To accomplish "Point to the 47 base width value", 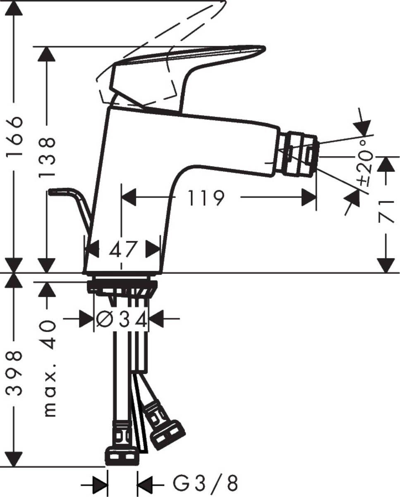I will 123,249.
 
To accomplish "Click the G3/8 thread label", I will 204,483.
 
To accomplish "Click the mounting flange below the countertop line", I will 122,286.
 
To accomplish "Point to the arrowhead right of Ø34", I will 156,319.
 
